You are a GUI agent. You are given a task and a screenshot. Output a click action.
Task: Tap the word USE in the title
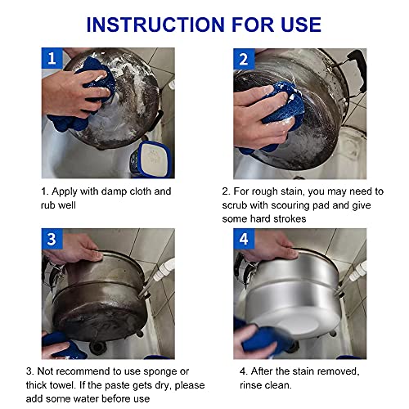coord(301,25)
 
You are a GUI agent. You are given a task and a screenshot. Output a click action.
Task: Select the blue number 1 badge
coord(52,58)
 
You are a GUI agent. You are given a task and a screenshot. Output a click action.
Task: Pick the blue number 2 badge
coord(244,59)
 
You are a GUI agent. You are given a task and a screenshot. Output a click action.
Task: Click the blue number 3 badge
coord(52,239)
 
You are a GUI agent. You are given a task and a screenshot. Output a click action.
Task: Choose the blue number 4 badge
coord(244,239)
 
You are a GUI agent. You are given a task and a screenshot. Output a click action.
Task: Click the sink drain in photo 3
coord(97,348)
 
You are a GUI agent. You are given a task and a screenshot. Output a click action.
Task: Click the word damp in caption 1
coord(114,191)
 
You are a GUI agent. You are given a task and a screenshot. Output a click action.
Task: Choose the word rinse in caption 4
coord(251,385)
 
